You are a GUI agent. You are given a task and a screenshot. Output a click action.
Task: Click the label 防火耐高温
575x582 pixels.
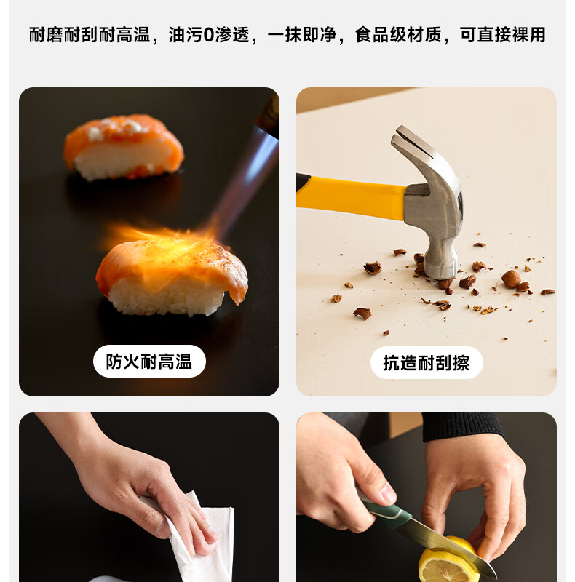tap(149, 362)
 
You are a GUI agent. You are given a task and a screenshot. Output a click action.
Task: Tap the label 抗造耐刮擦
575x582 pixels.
tap(427, 362)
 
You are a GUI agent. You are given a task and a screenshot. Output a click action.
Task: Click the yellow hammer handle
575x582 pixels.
tap(351, 197)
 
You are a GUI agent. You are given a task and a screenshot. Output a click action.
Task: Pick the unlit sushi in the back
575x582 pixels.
tap(123, 147)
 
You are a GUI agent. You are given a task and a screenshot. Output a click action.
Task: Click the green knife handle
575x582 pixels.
tap(386, 509)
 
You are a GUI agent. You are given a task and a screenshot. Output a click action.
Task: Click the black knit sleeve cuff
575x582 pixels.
tap(461, 426)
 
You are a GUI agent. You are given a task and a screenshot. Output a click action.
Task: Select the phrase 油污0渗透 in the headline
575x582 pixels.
tap(209, 35)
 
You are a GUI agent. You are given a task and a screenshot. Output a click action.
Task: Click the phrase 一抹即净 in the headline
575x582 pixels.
tap(301, 35)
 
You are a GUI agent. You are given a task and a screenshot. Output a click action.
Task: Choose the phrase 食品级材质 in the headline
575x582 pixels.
tap(398, 35)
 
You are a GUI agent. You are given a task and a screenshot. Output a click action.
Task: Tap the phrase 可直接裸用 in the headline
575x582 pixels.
tap(502, 35)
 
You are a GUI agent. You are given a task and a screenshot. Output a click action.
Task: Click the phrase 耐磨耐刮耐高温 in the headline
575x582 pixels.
tap(90, 35)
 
